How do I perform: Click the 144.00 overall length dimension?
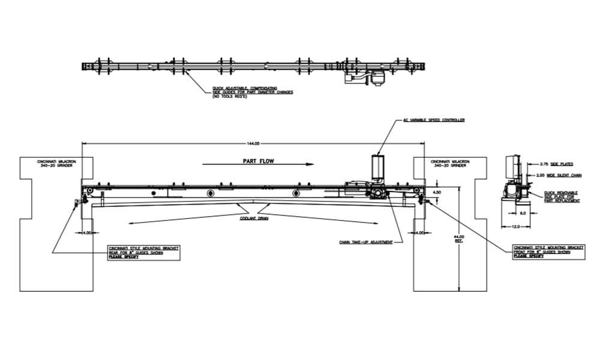(253, 143)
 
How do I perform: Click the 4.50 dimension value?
(437, 192)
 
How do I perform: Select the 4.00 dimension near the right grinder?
(420, 232)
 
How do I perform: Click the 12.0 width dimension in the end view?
(516, 227)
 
